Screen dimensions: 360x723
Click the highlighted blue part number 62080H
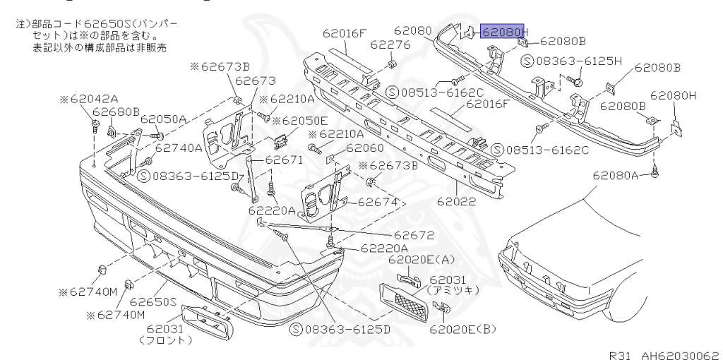pos(503,32)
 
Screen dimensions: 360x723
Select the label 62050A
pos(163,119)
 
